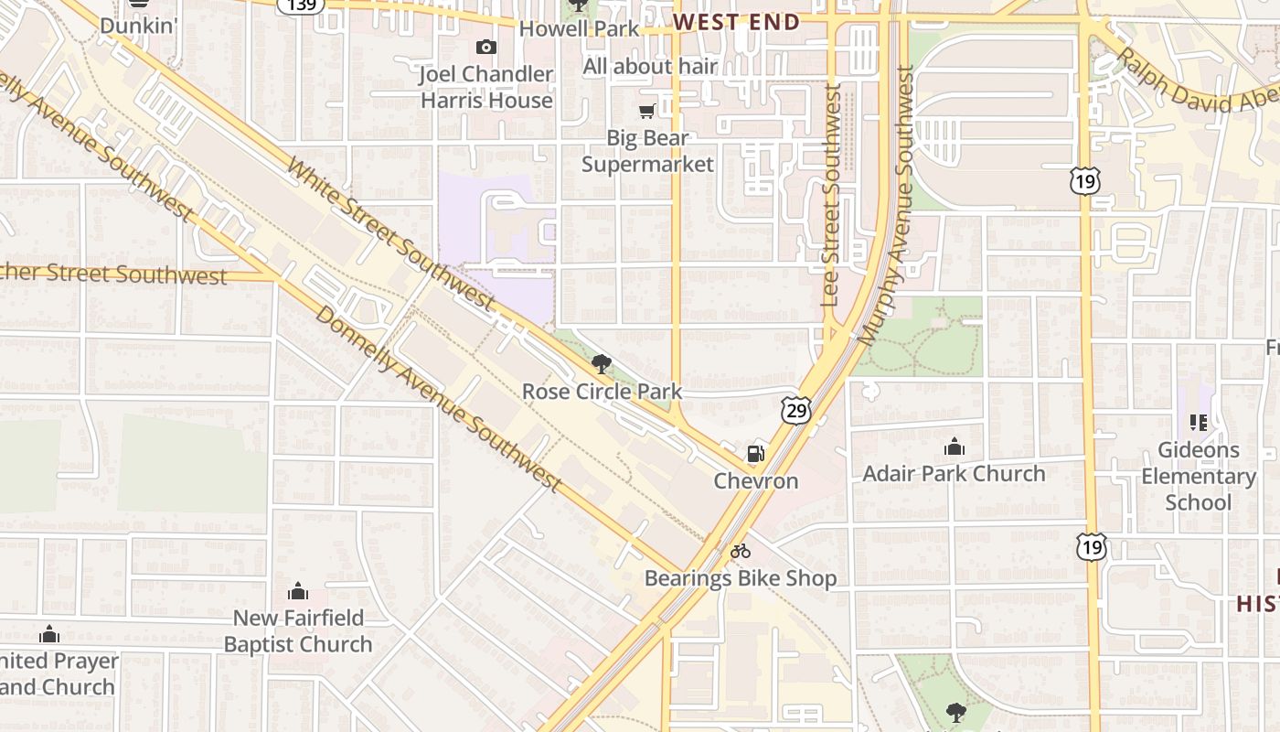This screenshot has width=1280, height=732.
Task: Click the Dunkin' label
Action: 137,26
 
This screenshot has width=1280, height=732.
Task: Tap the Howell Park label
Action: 579,28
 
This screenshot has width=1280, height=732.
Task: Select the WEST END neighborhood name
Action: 736,22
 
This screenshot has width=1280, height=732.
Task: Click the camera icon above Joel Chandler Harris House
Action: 486,48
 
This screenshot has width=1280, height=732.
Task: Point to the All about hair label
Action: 650,67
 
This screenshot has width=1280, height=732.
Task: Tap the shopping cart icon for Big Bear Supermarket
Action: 647,112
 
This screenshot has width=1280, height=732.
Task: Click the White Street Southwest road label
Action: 390,232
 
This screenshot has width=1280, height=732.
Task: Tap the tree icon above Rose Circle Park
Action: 601,365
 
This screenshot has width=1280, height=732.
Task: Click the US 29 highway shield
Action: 795,411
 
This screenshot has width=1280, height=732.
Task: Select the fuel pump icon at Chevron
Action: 756,453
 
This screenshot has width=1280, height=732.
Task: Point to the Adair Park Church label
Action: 954,474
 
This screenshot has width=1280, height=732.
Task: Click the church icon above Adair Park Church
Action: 955,447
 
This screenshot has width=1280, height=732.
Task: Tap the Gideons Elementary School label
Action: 1198,476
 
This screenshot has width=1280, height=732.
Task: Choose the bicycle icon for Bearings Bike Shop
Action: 741,551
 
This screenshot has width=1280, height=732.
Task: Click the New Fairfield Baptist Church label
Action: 298,631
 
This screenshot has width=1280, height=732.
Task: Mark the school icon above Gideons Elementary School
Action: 1198,423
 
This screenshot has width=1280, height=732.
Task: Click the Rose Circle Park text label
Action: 602,393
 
